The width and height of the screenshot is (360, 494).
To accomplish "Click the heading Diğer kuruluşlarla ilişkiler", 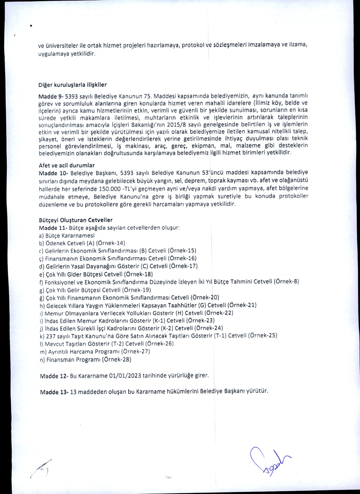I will click(x=73, y=85).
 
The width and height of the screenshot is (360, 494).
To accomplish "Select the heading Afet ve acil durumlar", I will click(x=67, y=165).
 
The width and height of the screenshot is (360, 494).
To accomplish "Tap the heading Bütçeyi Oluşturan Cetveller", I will click(x=76, y=220).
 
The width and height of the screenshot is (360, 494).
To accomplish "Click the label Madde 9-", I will click(x=51, y=96).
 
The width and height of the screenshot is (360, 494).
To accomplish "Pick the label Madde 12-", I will click(x=54, y=376).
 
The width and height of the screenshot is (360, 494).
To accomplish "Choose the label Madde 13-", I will click(x=54, y=391).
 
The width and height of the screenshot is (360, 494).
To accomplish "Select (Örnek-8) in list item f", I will click(x=286, y=282).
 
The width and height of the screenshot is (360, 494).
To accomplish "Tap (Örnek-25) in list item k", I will click(x=262, y=336).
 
